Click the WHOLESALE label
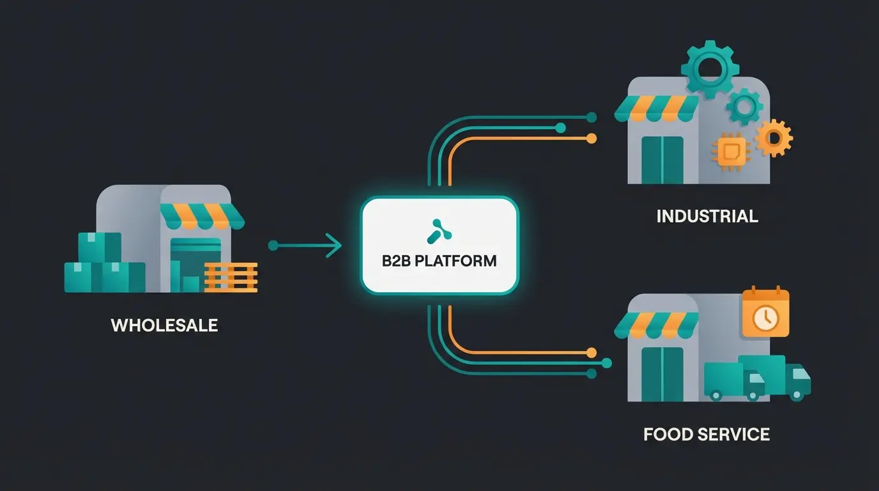click(x=164, y=325)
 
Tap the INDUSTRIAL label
click(x=707, y=216)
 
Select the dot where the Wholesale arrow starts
click(x=273, y=245)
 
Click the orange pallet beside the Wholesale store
click(x=231, y=277)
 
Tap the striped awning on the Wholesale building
click(x=202, y=216)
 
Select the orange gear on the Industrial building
click(x=774, y=137)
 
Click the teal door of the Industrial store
click(x=662, y=159)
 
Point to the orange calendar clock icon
click(x=765, y=313)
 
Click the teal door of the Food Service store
click(x=662, y=374)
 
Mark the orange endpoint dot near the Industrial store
click(x=592, y=138)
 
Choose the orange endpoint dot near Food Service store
click(x=592, y=352)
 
